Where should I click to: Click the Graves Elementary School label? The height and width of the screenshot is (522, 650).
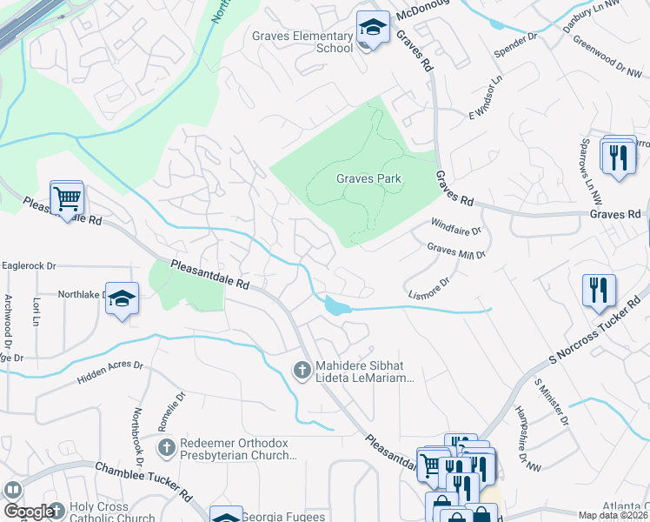click(302, 42)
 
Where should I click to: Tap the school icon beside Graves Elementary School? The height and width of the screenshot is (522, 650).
click(373, 29)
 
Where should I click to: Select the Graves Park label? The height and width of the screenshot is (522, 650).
click(368, 178)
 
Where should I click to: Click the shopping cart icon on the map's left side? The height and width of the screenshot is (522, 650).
click(67, 197)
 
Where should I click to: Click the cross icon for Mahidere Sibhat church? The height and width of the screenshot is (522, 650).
click(302, 371)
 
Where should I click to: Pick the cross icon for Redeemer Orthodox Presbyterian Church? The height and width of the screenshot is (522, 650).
click(167, 447)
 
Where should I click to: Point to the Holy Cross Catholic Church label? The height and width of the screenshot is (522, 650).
click(113, 513)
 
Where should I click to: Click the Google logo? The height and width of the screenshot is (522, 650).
click(27, 512)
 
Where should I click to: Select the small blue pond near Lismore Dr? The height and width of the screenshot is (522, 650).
click(335, 305)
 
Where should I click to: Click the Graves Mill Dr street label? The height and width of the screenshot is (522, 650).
click(456, 251)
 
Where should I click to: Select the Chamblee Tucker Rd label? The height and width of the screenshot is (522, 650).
click(144, 482)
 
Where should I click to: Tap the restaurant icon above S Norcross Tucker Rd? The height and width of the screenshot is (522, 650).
click(600, 291)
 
